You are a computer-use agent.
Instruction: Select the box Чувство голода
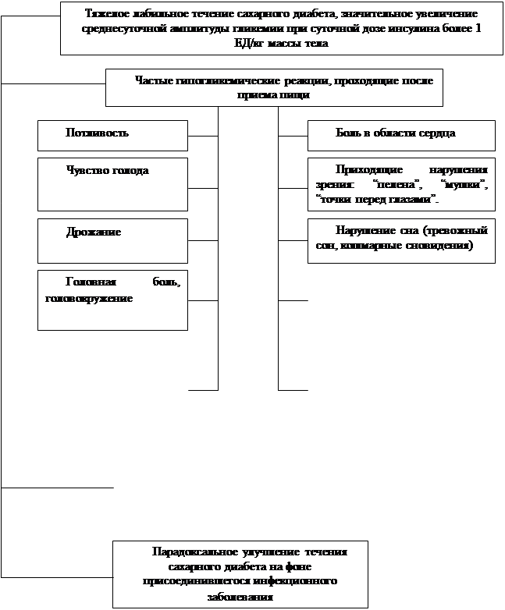(x=112, y=184)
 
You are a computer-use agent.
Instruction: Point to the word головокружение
(x=90, y=298)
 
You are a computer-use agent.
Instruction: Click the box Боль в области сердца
(x=401, y=135)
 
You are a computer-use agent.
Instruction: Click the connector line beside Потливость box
(x=203, y=136)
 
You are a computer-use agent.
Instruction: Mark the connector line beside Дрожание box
(x=203, y=240)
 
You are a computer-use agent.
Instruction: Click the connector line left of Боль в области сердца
(x=293, y=136)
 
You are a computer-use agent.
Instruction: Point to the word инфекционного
(x=297, y=582)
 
